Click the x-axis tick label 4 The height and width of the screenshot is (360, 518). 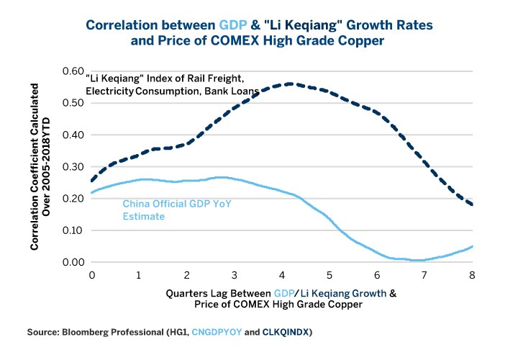(x=282, y=275)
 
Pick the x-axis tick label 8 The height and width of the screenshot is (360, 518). (x=472, y=275)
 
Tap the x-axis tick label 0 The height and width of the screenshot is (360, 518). (x=92, y=275)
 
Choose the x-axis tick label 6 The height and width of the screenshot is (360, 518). (x=377, y=275)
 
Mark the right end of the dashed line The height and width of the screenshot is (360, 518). (x=472, y=205)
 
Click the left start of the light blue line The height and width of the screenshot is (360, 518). (x=92, y=192)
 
